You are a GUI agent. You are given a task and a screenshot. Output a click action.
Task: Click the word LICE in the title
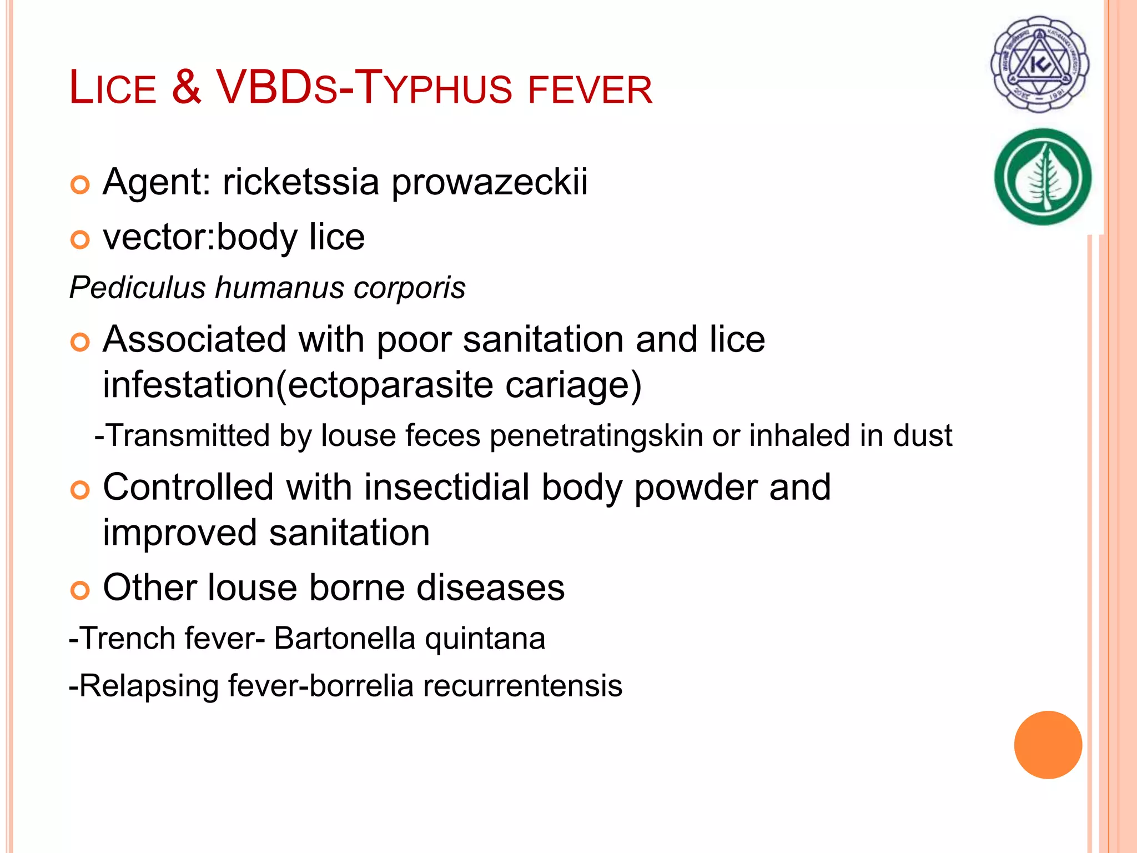click(x=113, y=88)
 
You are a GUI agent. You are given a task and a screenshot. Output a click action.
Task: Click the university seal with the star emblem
click(x=1040, y=64)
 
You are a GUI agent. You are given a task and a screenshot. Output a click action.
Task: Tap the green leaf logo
click(x=1043, y=177)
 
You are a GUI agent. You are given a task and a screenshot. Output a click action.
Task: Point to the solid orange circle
click(x=1048, y=745)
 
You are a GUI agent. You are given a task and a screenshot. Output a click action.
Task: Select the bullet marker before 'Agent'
click(x=80, y=185)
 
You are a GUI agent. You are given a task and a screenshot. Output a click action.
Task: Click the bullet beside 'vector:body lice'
click(x=80, y=240)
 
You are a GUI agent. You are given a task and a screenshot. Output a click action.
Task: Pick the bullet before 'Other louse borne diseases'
click(x=80, y=590)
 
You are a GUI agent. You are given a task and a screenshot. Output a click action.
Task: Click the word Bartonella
click(x=344, y=638)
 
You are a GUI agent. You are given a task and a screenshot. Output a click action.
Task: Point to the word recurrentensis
click(x=522, y=686)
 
